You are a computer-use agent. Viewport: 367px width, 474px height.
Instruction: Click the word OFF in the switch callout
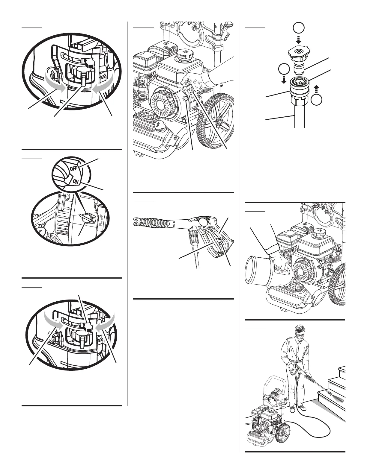pos(73,168)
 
